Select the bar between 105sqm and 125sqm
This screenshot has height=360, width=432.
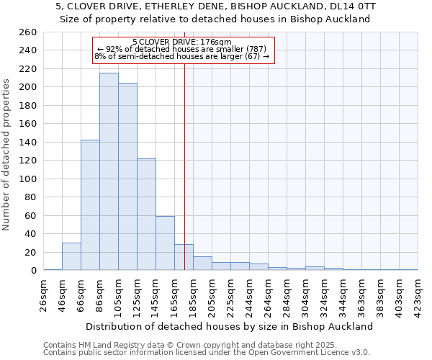click(127, 176)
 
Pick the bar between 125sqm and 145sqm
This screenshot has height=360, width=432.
click(146, 214)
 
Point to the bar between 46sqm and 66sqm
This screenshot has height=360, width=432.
click(71, 256)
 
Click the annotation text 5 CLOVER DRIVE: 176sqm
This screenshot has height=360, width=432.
click(182, 42)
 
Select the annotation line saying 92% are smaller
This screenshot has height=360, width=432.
click(182, 49)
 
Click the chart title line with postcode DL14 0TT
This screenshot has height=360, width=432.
click(216, 6)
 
